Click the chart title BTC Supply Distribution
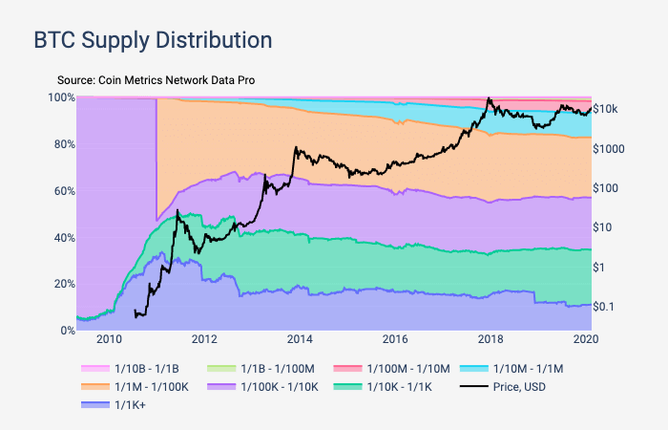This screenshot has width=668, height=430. (x=153, y=40)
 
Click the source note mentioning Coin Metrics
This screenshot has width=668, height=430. (x=156, y=80)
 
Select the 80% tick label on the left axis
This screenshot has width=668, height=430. (x=63, y=144)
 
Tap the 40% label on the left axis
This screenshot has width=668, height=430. (x=63, y=237)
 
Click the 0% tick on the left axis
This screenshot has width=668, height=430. (x=66, y=331)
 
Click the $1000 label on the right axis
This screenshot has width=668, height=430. (x=609, y=149)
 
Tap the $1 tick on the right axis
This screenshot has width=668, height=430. (x=599, y=267)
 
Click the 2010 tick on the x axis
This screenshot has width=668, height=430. (x=108, y=339)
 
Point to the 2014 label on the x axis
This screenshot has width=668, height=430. (x=300, y=339)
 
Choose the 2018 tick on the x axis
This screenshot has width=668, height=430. (x=491, y=339)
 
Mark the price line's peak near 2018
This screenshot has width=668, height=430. (x=489, y=98)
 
